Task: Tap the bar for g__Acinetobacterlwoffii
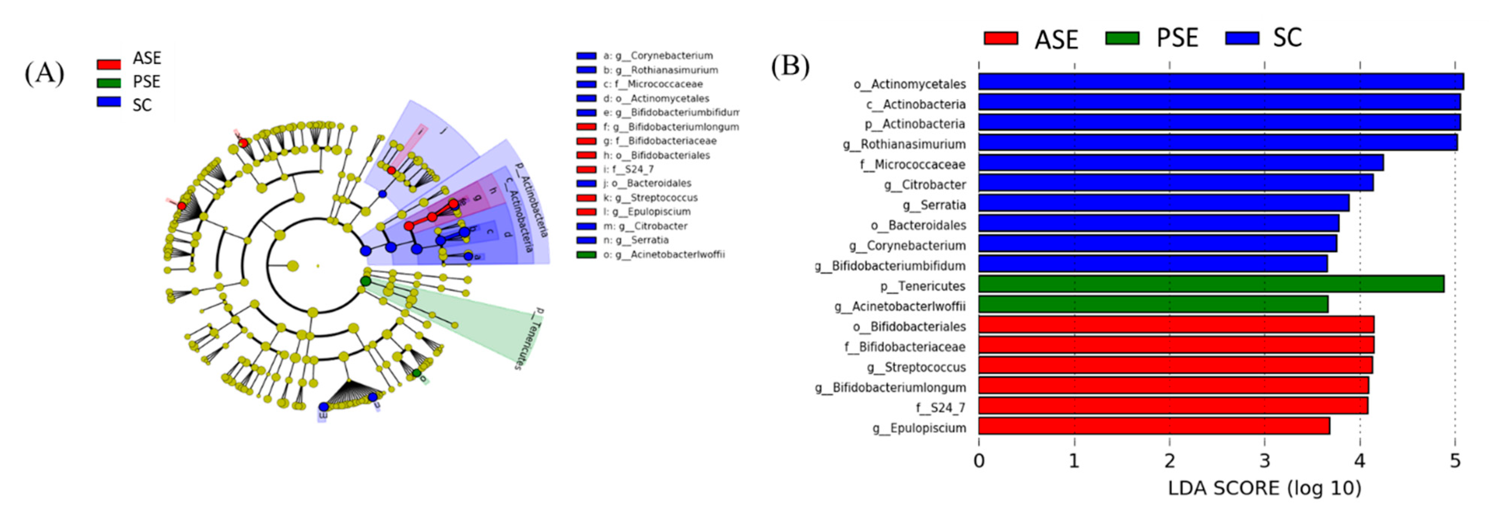pos(1153,305)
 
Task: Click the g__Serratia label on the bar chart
pos(934,205)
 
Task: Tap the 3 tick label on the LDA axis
pos(1265,461)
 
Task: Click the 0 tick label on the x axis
pos(979,461)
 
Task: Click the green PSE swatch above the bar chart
pos(1122,38)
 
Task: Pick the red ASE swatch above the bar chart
pos(1001,38)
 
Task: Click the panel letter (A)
pos(44,74)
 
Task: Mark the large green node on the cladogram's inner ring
pos(365,281)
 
